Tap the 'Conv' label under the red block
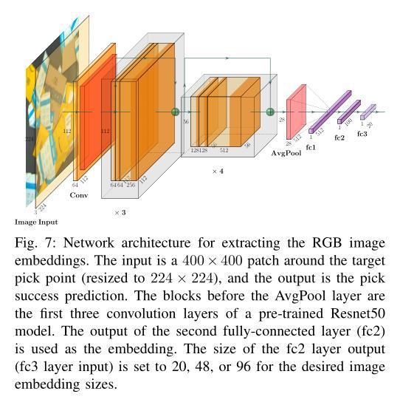(79, 195)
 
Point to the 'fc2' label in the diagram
(339, 137)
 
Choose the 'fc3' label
(362, 134)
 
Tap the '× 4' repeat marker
(218, 171)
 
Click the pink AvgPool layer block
(295, 111)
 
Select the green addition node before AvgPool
(271, 112)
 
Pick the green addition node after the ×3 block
(176, 112)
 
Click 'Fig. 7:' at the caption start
(30, 242)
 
